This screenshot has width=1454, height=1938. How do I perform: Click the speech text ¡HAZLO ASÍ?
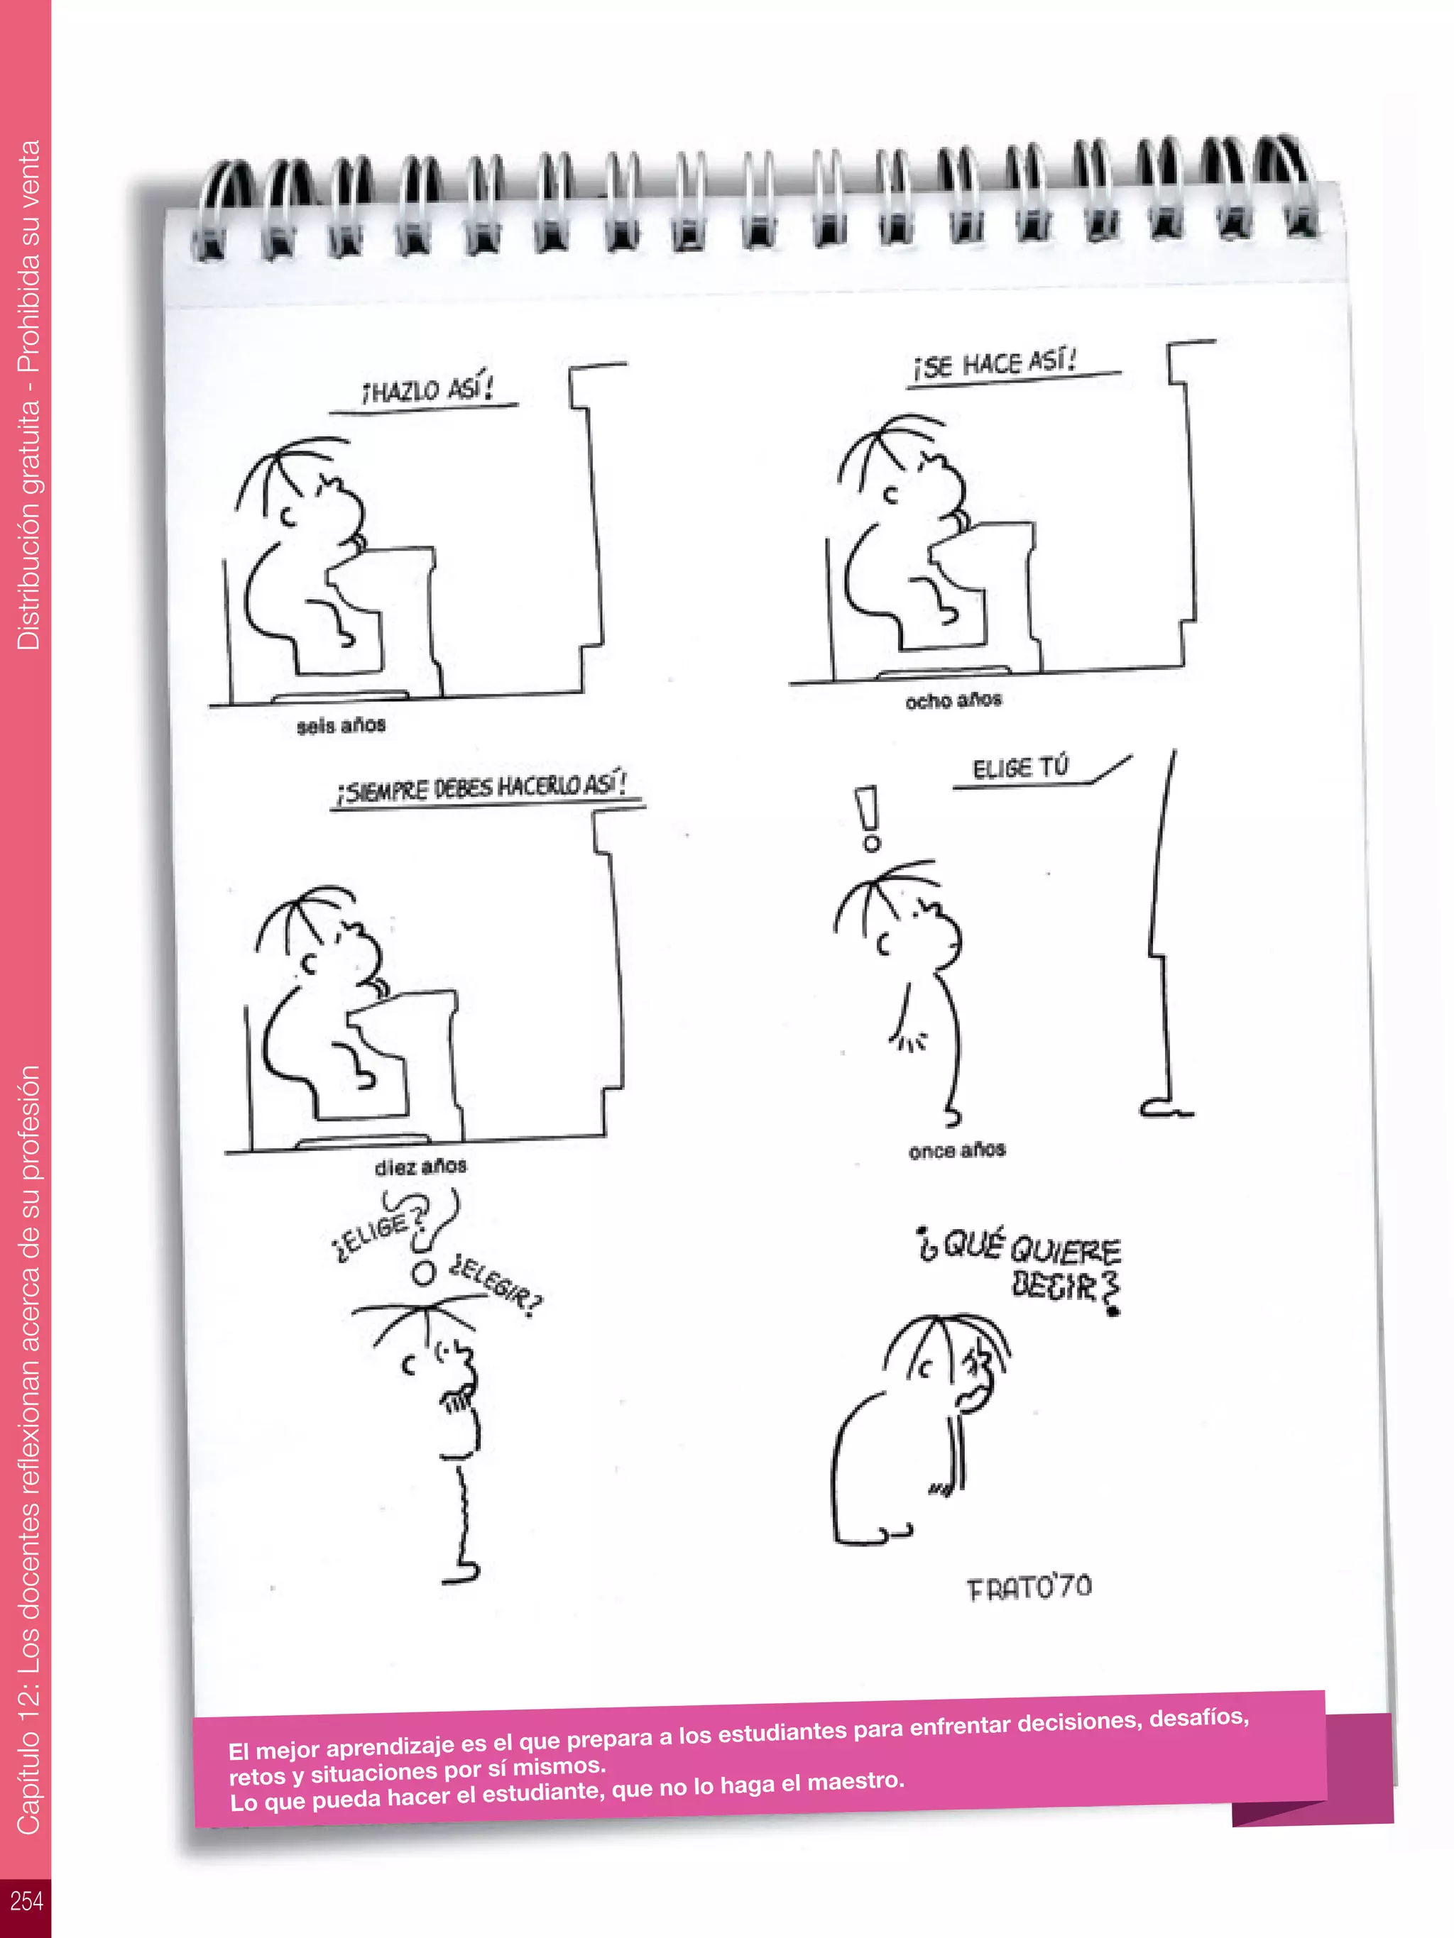tap(427, 389)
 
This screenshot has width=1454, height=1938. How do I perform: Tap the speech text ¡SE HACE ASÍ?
tap(994, 363)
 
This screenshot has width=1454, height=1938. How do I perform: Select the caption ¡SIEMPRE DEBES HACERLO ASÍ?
tap(481, 787)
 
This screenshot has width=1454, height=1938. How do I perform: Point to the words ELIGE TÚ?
tap(1020, 769)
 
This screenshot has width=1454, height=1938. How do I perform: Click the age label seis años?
tap(341, 725)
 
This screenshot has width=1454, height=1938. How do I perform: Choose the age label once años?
tap(956, 1150)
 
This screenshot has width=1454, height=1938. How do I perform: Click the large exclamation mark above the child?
tap(868, 818)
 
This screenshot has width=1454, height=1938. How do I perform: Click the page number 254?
tap(26, 1900)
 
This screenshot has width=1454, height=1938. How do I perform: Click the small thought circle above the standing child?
tap(423, 1274)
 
